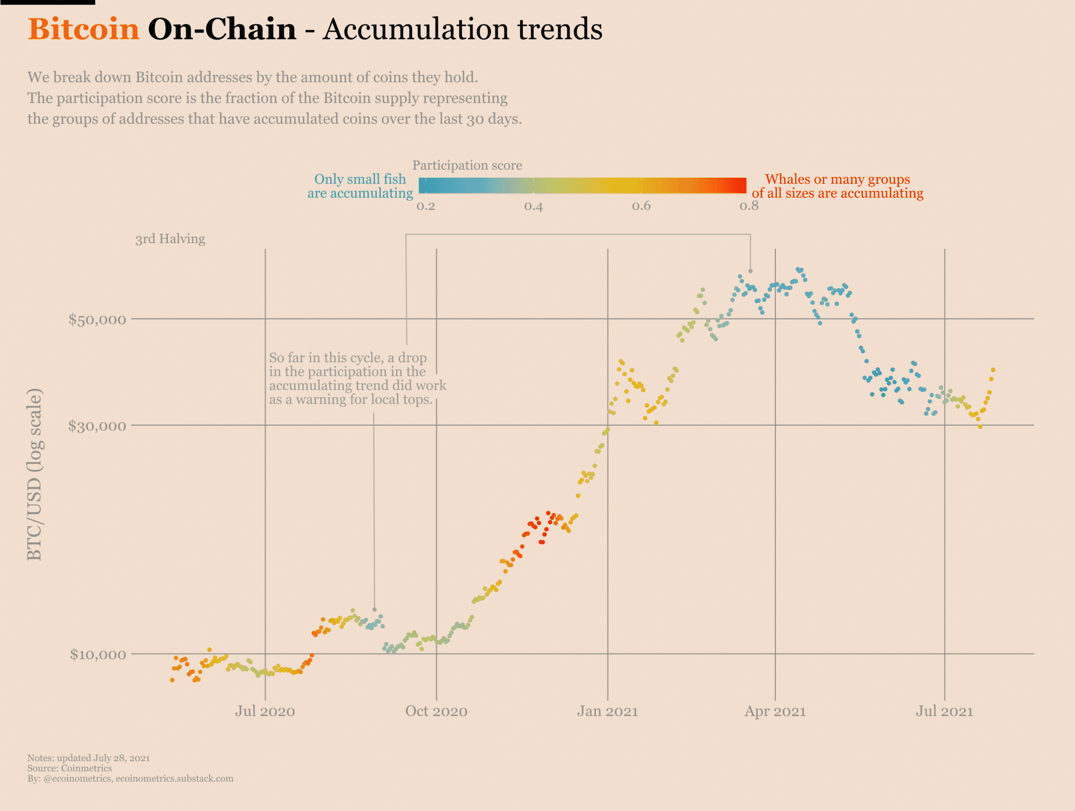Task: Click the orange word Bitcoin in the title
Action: (x=83, y=29)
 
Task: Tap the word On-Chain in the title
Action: (x=222, y=29)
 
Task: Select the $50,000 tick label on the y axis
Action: (x=97, y=319)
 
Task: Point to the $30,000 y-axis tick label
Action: (x=97, y=425)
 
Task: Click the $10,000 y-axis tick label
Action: (x=98, y=654)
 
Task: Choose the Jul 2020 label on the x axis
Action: (x=265, y=711)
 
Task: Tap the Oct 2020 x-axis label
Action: (x=436, y=711)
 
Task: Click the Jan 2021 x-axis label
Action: (x=607, y=711)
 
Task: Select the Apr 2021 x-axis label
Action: (x=775, y=711)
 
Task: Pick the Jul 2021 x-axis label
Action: (x=944, y=711)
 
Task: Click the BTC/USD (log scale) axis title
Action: (x=35, y=475)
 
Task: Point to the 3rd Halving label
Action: (x=170, y=239)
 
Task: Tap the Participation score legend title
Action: (x=467, y=165)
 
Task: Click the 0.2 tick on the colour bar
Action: (x=426, y=206)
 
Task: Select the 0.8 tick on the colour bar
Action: (x=749, y=206)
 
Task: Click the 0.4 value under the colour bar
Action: (x=533, y=206)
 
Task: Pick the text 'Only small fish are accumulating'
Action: (x=360, y=186)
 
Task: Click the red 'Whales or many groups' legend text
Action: (x=837, y=180)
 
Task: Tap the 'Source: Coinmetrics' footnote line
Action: (x=69, y=768)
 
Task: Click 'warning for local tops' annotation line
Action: (x=351, y=399)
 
